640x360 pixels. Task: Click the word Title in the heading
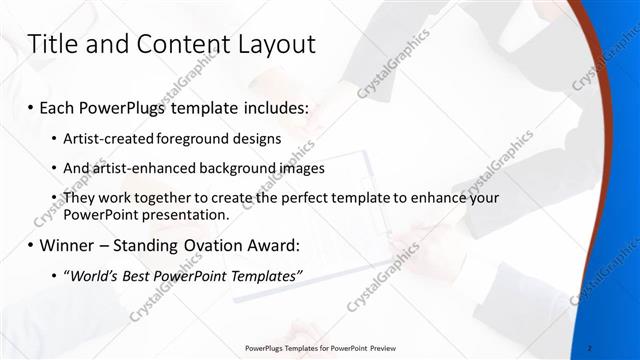pos(51,44)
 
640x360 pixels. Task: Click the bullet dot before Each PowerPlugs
pos(31,106)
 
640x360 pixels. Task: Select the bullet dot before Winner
pos(31,246)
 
